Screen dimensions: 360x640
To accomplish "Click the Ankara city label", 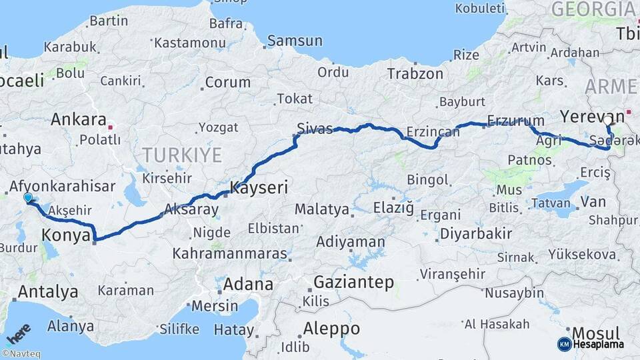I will point(79,120).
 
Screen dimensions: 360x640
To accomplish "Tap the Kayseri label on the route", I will point(259,189).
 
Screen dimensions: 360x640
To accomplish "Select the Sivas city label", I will point(315,129).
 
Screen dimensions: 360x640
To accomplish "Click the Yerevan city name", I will point(592,116).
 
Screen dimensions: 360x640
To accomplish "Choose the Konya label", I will point(66,235).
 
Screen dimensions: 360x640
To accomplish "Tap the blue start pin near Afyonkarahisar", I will point(28,198).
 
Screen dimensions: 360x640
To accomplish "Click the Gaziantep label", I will point(353,282).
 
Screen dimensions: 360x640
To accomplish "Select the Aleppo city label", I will point(331,329).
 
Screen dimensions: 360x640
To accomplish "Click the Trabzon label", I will point(415,74).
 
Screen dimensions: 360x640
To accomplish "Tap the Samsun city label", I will point(295,41).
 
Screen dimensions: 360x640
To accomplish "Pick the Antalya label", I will point(48,291).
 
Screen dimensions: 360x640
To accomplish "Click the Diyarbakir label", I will point(475,234).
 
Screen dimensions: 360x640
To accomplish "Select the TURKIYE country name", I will point(181,155).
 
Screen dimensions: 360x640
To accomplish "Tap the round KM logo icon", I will point(565,344).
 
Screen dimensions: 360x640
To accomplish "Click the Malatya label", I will point(322,209).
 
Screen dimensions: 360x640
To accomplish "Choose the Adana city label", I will point(248,285).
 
